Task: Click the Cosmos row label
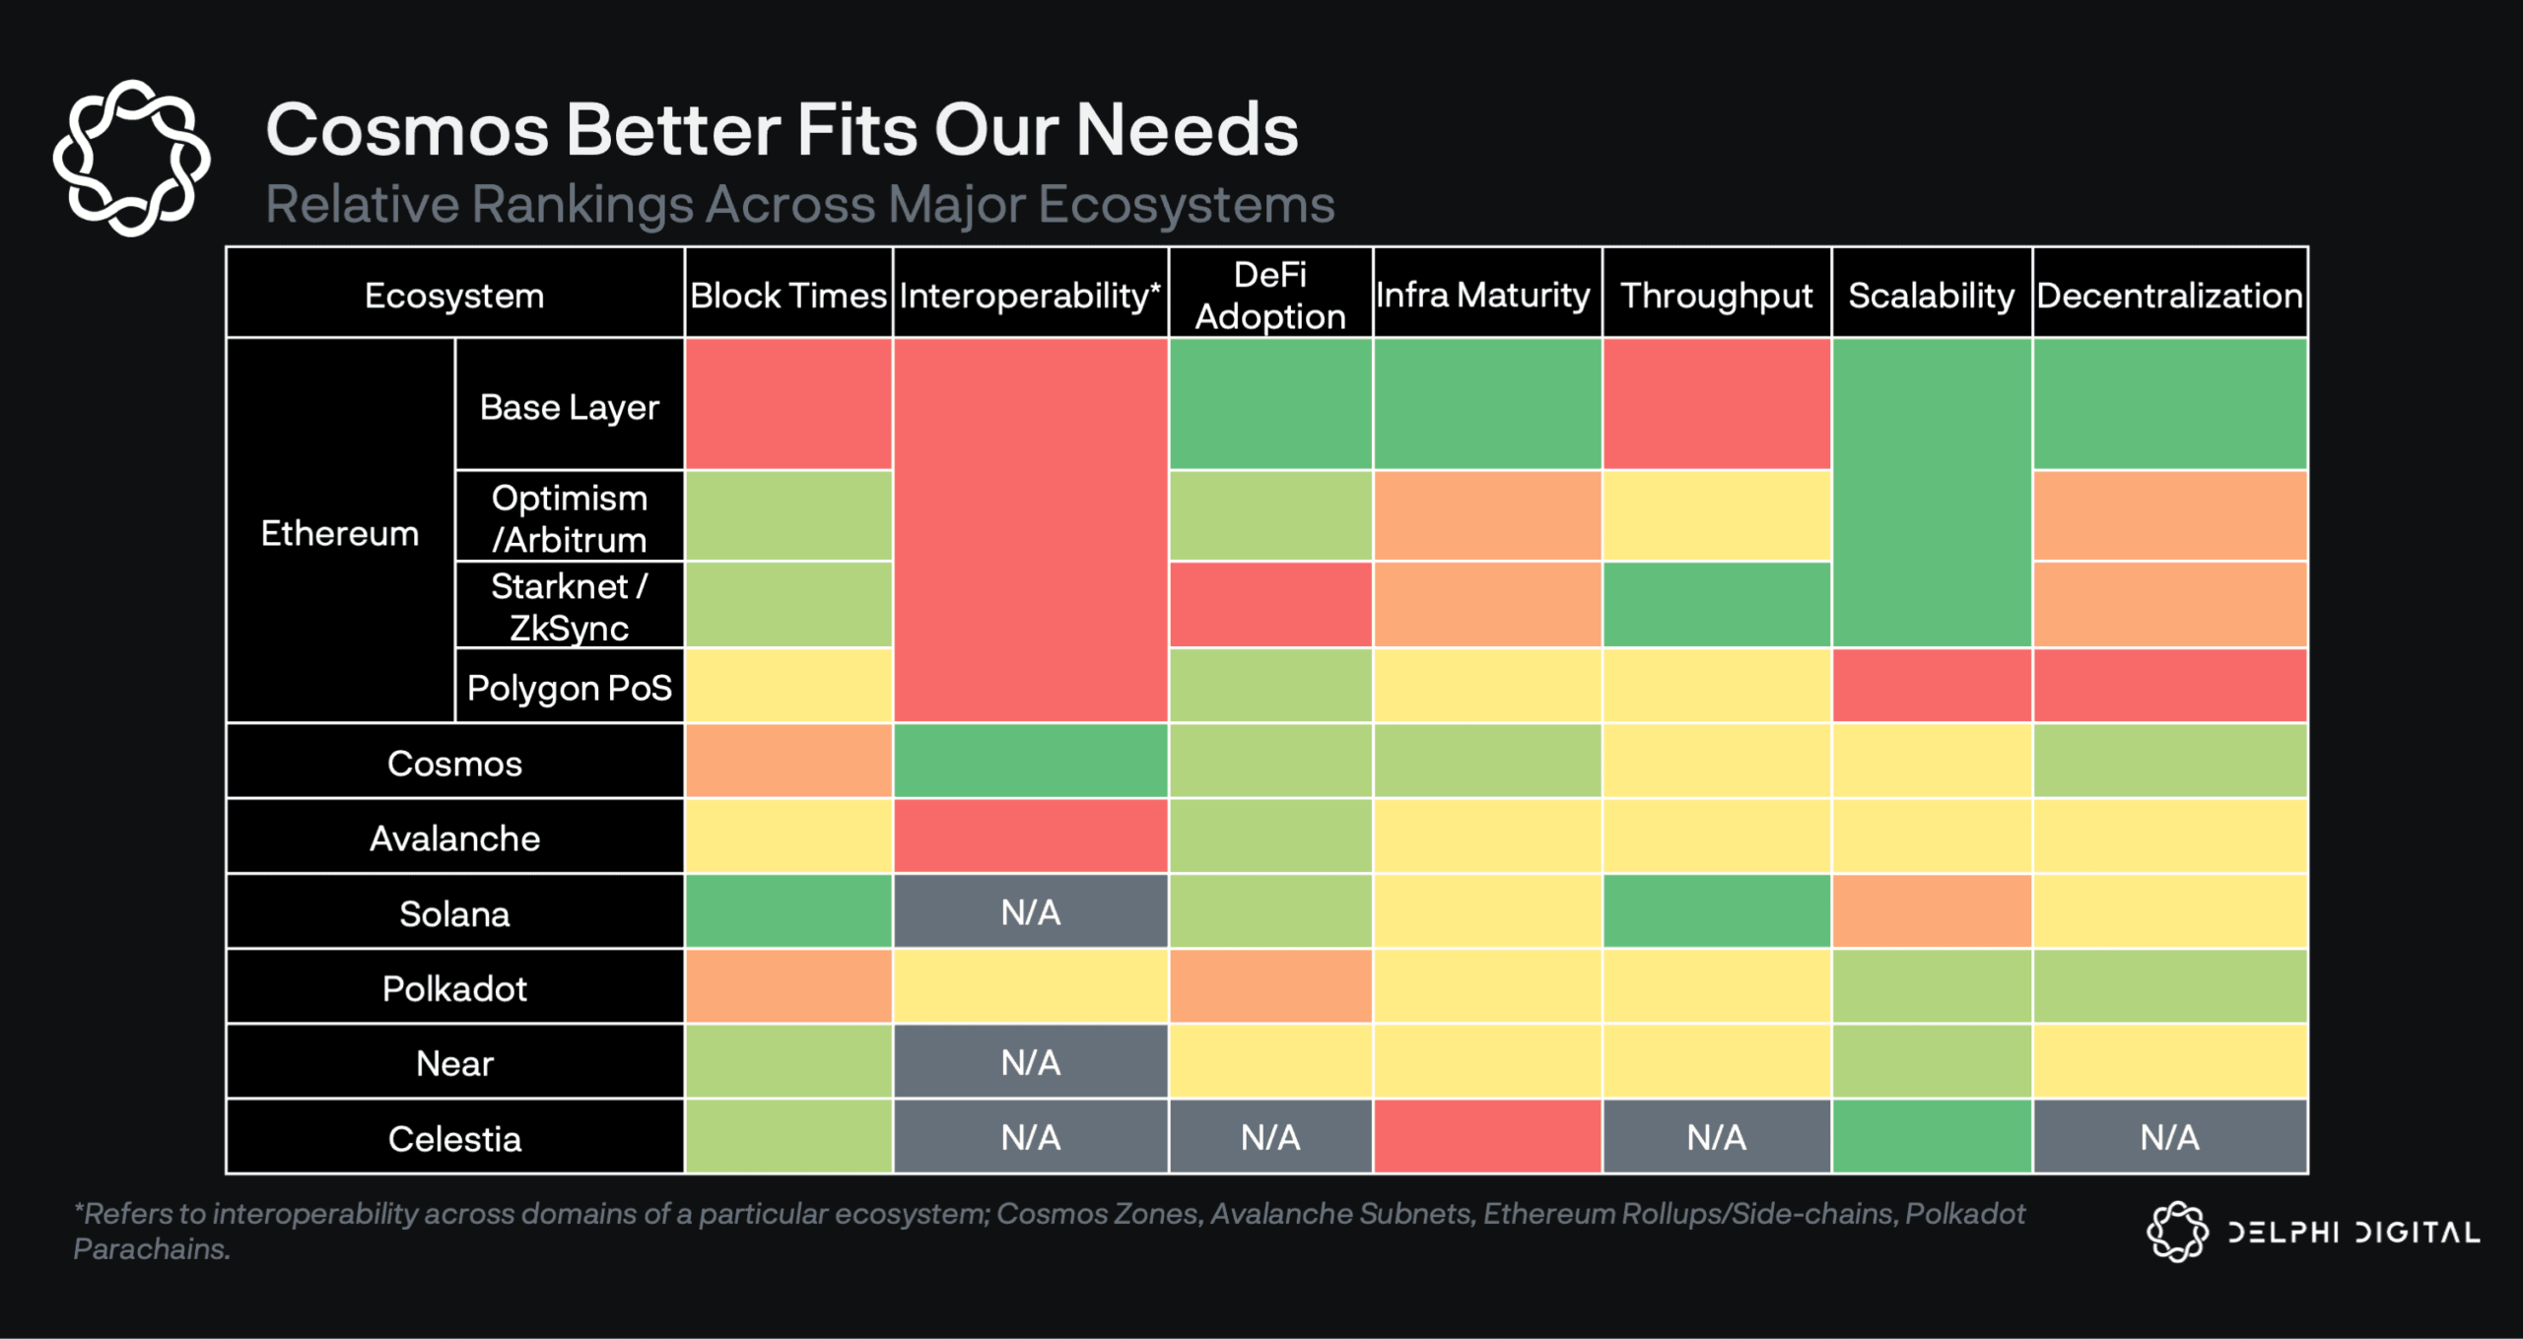[x=454, y=764]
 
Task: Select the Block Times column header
[x=788, y=295]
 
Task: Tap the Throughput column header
[x=1716, y=295]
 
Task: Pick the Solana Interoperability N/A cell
[x=1031, y=912]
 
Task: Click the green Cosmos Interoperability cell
[x=1031, y=761]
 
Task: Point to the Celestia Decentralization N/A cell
[x=2169, y=1137]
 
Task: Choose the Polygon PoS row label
[x=569, y=687]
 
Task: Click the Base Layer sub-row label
[x=569, y=406]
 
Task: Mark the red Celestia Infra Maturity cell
[x=1487, y=1137]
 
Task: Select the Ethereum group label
[x=340, y=532]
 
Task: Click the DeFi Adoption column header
[x=1270, y=295]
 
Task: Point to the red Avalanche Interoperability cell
[x=1031, y=837]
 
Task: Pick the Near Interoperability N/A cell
[x=1031, y=1062]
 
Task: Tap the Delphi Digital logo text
[x=2353, y=1233]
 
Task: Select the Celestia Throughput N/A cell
[x=1716, y=1137]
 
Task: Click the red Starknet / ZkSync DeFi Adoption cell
[x=1270, y=605]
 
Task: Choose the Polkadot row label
[x=454, y=988]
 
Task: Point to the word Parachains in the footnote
[x=151, y=1249]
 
